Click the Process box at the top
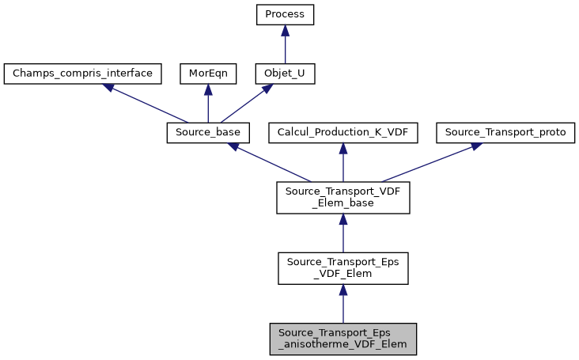click(285, 15)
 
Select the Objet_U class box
click(285, 74)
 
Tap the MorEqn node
click(207, 74)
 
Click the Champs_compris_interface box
click(82, 74)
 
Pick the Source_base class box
click(208, 133)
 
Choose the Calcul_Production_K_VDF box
click(342, 133)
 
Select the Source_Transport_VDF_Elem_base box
click(342, 198)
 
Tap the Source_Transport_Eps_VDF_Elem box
click(342, 268)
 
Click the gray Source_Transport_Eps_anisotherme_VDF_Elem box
click(342, 339)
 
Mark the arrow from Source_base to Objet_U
click(246, 104)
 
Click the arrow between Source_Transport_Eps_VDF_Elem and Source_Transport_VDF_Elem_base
click(342, 234)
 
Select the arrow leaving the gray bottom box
click(342, 305)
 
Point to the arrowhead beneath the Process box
click(285, 30)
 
